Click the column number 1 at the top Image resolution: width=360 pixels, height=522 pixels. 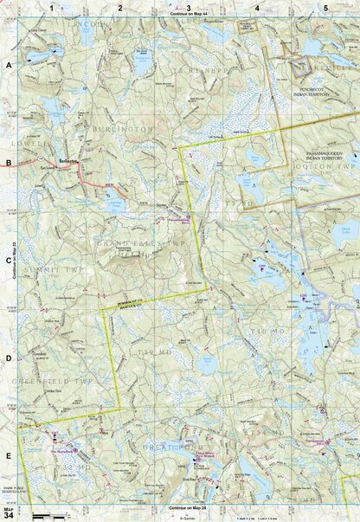pyautogui.click(x=52, y=7)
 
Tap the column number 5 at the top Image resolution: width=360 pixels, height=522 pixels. pyautogui.click(x=325, y=7)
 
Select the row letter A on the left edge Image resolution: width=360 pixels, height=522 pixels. pyautogui.click(x=8, y=66)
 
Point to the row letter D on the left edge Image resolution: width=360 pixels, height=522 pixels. pyautogui.click(x=8, y=358)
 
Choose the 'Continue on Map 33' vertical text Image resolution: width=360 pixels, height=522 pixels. pyautogui.click(x=15, y=261)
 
